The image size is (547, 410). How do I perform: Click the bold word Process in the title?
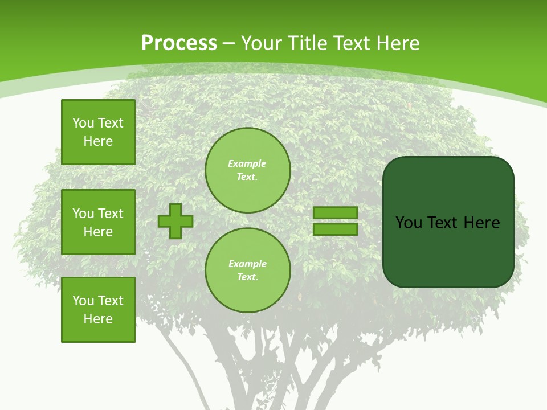[x=179, y=43]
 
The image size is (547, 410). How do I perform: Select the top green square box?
[x=98, y=132]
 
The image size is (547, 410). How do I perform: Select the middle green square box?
[x=98, y=222]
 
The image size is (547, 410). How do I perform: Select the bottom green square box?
[x=98, y=309]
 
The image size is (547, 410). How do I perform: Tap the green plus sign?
[x=175, y=221]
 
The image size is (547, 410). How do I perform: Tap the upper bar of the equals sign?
[x=335, y=212]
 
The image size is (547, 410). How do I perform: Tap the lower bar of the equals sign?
[x=335, y=229]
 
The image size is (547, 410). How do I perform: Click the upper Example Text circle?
[x=247, y=170]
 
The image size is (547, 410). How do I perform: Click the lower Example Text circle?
[x=247, y=270]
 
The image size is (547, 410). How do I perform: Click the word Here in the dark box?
[x=481, y=223]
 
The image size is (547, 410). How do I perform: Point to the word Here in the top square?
[x=98, y=141]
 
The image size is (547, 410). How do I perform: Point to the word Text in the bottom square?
[x=111, y=301]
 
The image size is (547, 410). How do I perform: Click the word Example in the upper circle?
[x=247, y=164]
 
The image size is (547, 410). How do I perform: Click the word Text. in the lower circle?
[x=247, y=277]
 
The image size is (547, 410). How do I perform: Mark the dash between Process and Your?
[x=228, y=43]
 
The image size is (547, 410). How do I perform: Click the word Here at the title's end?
[x=400, y=43]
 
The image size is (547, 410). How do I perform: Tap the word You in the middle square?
[x=83, y=214]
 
